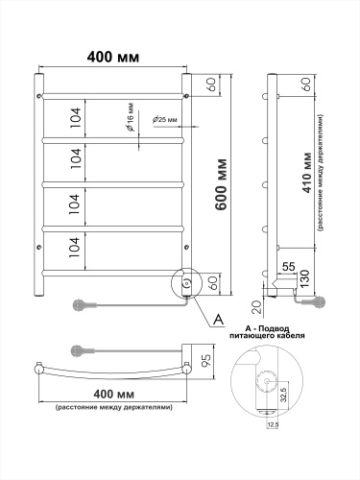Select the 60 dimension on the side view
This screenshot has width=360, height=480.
pos(305,84)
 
